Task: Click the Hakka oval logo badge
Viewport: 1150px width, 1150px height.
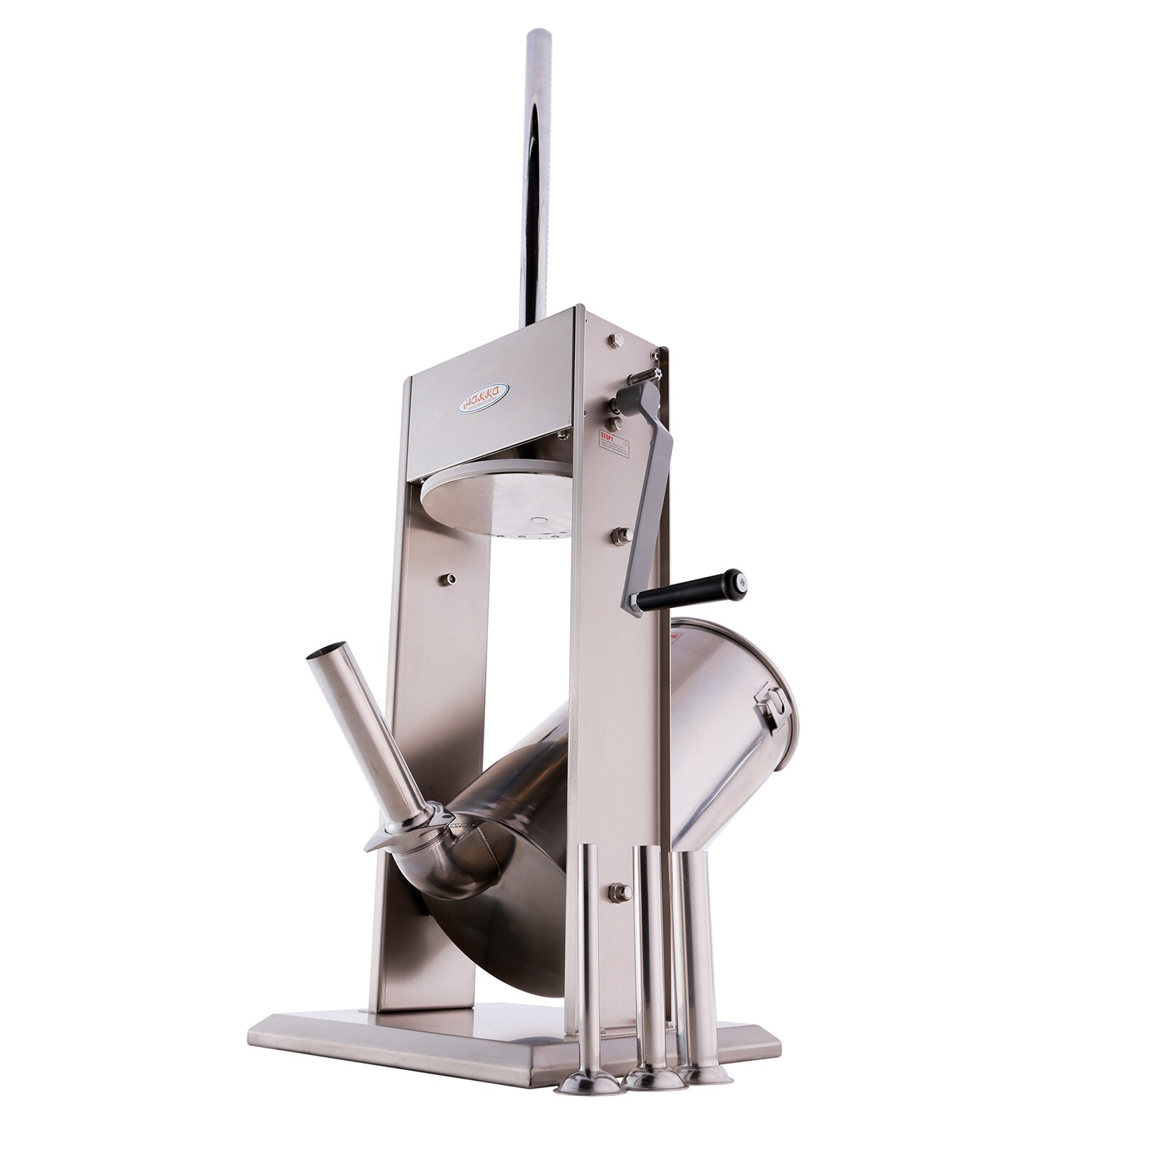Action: point(483,397)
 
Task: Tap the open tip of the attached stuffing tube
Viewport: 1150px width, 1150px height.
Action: point(322,655)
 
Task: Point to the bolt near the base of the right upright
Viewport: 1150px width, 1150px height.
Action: point(617,893)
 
